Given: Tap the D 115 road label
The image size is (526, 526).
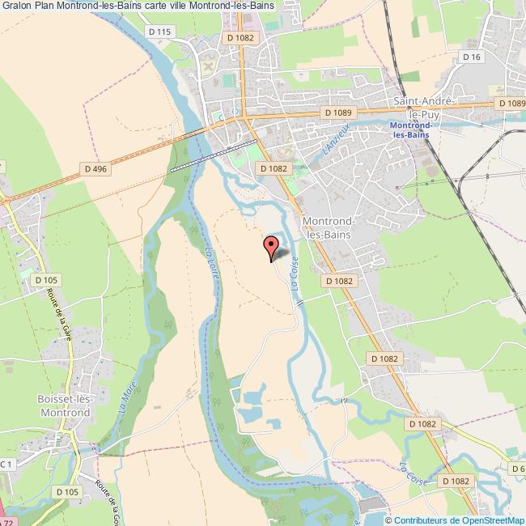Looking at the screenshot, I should pos(162,32).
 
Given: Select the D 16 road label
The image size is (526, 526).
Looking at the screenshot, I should pos(472,56).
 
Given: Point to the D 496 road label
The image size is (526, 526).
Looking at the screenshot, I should pos(95,168).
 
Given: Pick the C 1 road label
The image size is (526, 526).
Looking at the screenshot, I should pos(6,463).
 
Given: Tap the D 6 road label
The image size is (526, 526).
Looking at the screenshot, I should pos(518,469).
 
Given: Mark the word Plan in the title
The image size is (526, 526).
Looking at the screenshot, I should pos(50,6).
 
